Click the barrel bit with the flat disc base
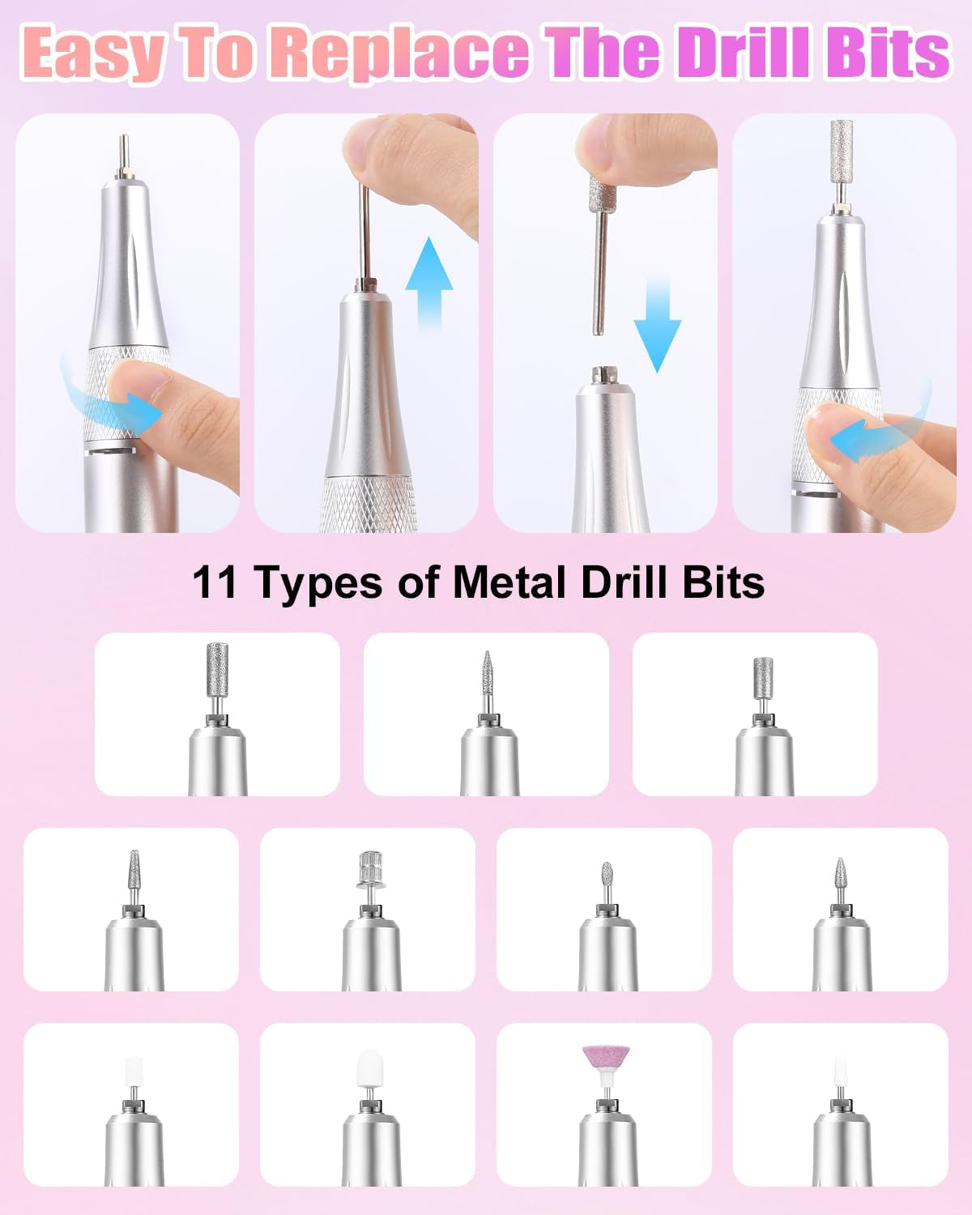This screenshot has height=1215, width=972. click(x=369, y=870)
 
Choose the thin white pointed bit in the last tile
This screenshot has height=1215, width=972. click(x=841, y=1073)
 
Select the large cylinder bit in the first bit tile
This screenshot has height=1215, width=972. click(x=217, y=670)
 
